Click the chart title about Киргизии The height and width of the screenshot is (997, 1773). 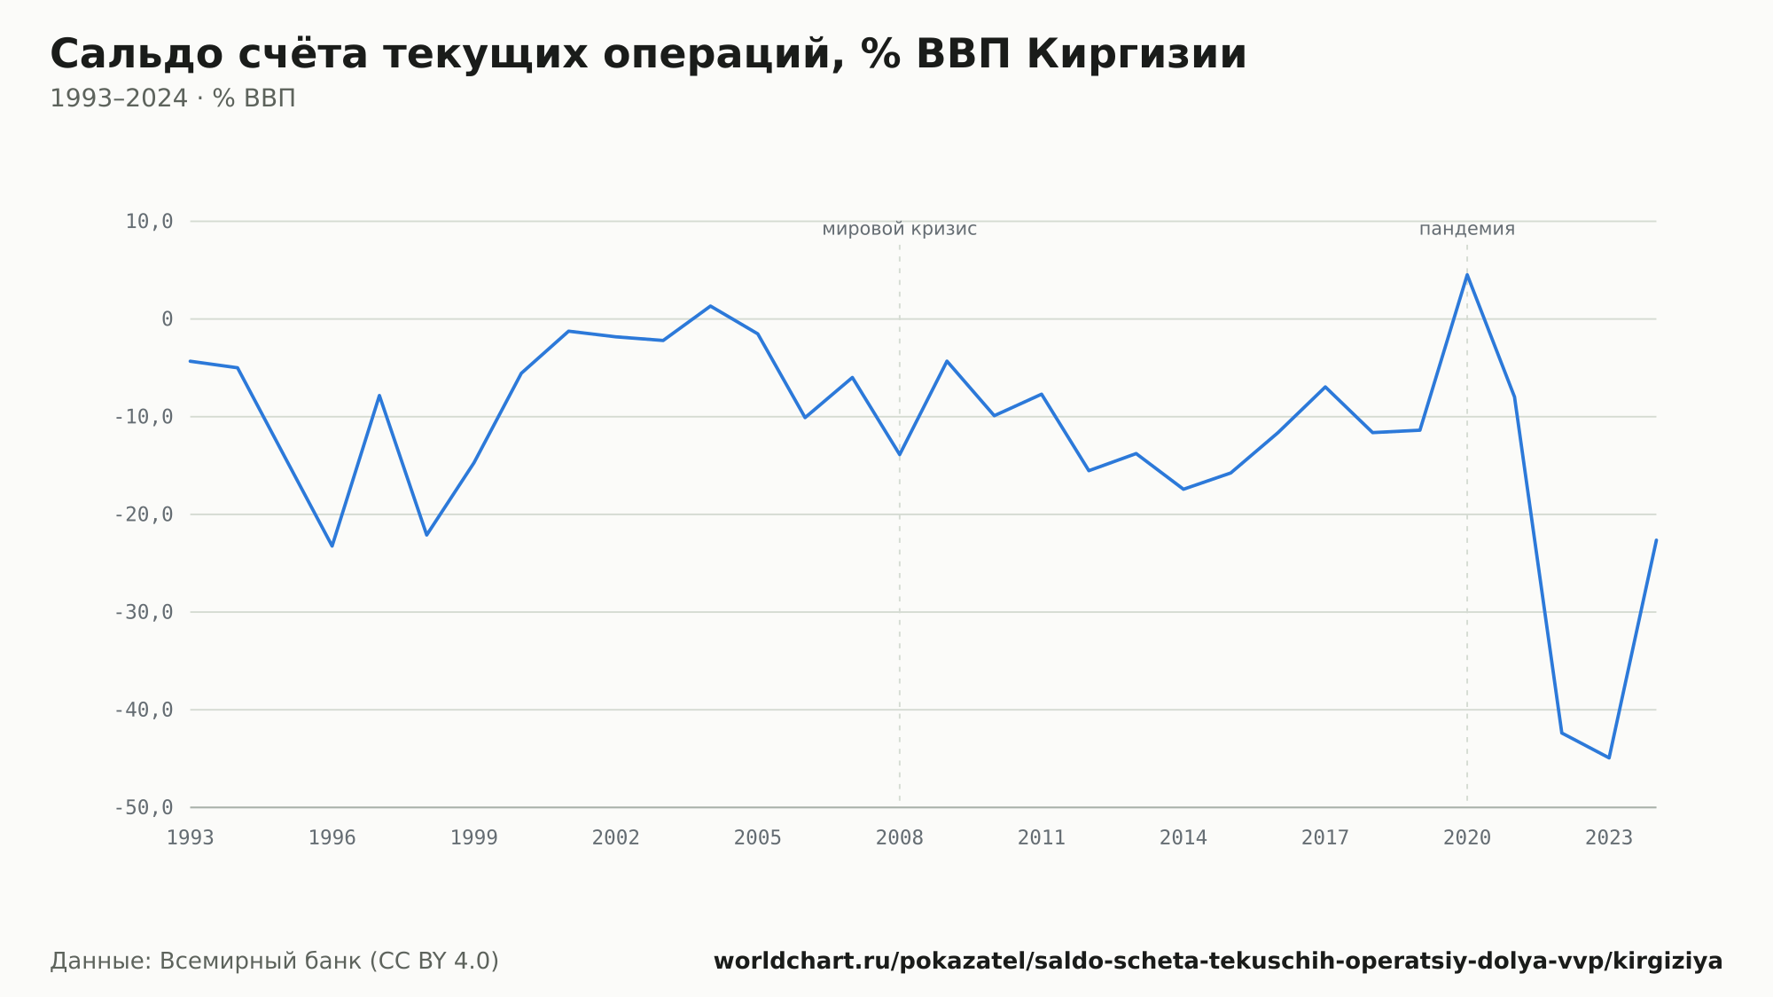pos(648,55)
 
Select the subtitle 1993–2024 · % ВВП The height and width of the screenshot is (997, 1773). pos(173,98)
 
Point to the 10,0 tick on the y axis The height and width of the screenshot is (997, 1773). pos(149,222)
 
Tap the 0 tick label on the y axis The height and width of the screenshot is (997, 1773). pos(168,319)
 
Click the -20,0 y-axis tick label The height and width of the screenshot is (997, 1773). pos(144,514)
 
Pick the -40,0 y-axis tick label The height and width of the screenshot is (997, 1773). pos(144,710)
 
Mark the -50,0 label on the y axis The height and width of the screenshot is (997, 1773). pos(144,807)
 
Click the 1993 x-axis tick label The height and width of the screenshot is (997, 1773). pos(191,838)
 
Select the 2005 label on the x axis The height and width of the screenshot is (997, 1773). pos(758,838)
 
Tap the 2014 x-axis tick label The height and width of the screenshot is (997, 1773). pos(1183,838)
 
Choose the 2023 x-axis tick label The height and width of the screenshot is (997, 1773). pos(1609,838)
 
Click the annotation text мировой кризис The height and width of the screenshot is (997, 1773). pos(900,229)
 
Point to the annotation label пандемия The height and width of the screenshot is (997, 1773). pos(1467,229)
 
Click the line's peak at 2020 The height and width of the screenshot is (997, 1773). pos(1467,274)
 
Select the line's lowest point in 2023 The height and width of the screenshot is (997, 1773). pos(1609,758)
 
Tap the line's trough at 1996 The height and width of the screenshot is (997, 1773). pos(332,546)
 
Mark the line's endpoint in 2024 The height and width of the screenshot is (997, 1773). pos(1656,540)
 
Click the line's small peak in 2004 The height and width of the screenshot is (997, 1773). pos(710,306)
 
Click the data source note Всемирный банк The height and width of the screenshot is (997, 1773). pos(274,962)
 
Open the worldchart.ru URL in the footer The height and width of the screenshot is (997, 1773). pos(1218,962)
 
